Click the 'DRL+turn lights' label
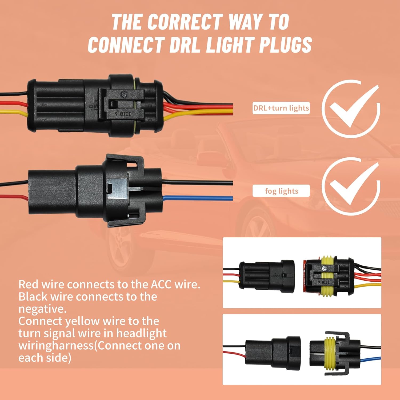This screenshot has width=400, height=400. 281,108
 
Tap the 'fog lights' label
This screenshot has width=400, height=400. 281,191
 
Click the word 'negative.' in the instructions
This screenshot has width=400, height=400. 42,309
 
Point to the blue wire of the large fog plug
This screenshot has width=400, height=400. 197,198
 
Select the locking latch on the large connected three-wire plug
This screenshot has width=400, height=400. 121,104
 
